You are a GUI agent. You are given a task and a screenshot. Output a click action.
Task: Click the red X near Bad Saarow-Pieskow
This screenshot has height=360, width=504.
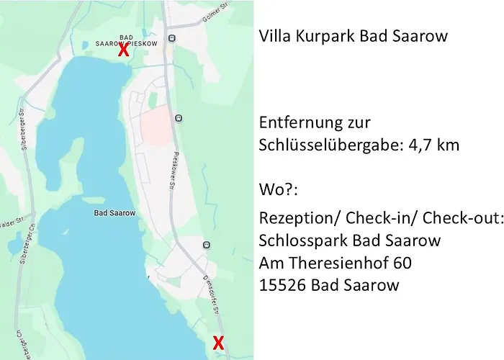coord(124,50)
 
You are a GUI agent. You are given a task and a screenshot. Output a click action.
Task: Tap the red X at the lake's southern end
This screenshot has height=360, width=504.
coord(218,343)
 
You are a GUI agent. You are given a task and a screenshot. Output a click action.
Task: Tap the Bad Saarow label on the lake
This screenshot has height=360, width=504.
coord(110,213)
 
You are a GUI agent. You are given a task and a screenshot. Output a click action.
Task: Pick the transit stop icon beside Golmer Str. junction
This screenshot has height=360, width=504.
coord(171,38)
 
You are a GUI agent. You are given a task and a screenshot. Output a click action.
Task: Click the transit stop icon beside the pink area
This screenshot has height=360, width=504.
coord(179,117)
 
